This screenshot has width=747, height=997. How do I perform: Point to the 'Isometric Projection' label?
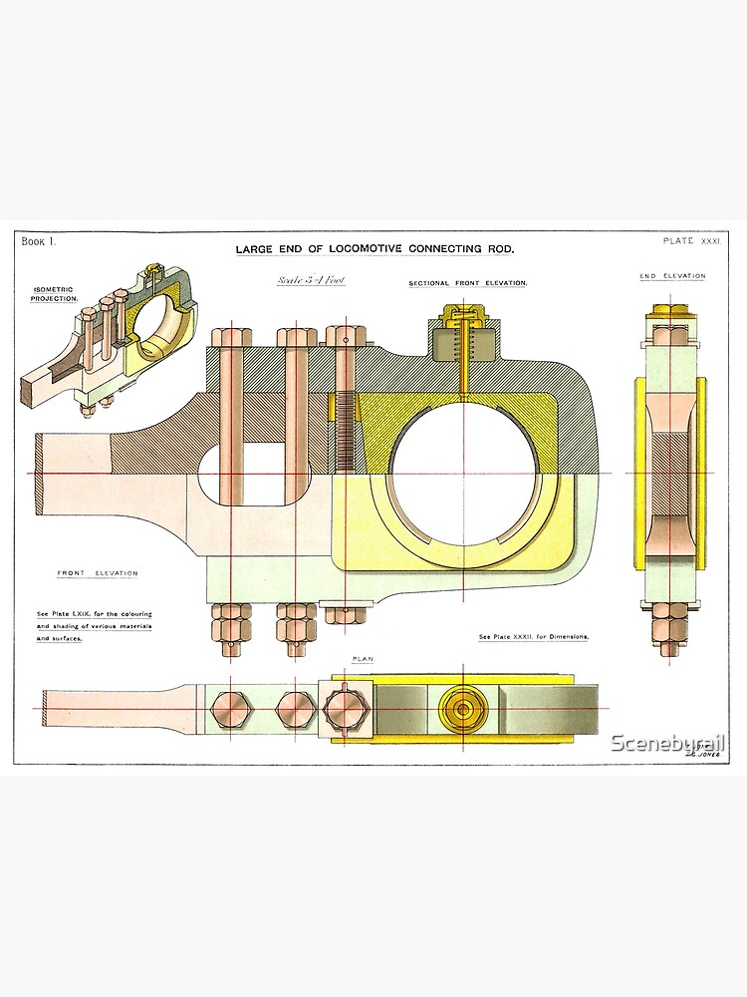click(x=46, y=293)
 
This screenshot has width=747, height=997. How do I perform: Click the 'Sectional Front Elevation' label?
click(x=467, y=283)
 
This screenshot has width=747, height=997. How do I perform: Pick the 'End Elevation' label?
click(x=672, y=276)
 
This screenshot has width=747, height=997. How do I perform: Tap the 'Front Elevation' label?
click(x=98, y=573)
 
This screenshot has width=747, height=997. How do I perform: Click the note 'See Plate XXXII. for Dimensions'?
click(x=535, y=635)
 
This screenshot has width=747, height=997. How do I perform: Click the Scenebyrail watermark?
click(x=666, y=743)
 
